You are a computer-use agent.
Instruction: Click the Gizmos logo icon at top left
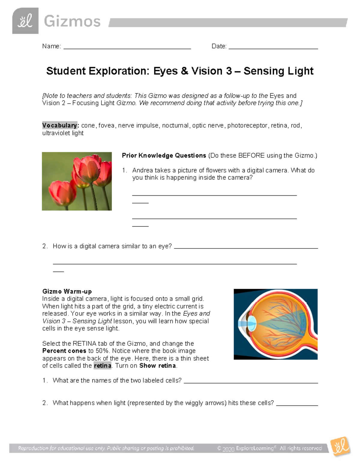[25, 21]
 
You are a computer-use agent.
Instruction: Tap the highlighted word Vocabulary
[60, 125]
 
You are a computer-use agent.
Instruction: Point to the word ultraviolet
[56, 133]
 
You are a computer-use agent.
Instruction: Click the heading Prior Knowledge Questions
[164, 155]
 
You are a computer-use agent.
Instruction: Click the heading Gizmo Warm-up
[67, 291]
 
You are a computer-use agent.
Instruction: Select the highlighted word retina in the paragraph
[102, 366]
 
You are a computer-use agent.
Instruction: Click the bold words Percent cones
[64, 351]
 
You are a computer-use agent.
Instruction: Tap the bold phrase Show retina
[157, 366]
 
